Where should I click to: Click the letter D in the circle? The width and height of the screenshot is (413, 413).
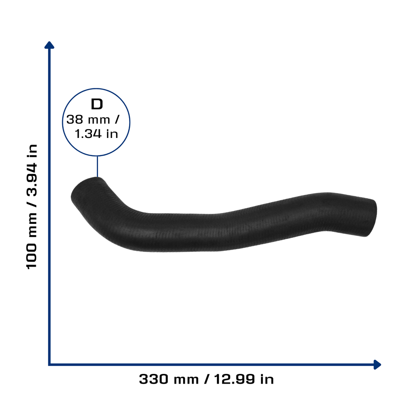click(97, 104)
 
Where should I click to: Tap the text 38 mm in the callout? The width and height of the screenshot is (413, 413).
click(88, 119)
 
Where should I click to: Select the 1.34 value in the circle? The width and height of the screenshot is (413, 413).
click(88, 133)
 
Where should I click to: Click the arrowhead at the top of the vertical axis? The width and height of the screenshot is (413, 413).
click(49, 45)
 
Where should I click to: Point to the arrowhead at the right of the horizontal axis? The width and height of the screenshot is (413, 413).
click(377, 365)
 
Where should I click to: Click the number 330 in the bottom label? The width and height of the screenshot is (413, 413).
click(153, 379)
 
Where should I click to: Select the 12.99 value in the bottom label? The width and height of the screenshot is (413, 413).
click(234, 379)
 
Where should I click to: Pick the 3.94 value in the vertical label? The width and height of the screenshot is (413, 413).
click(31, 179)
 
